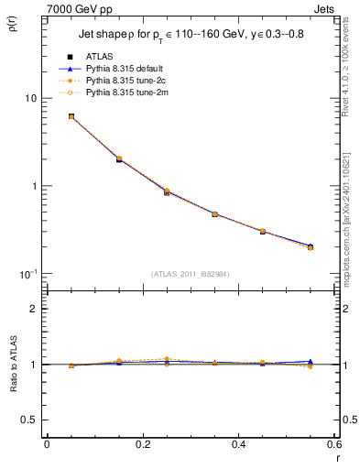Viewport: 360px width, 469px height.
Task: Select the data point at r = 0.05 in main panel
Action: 71,116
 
